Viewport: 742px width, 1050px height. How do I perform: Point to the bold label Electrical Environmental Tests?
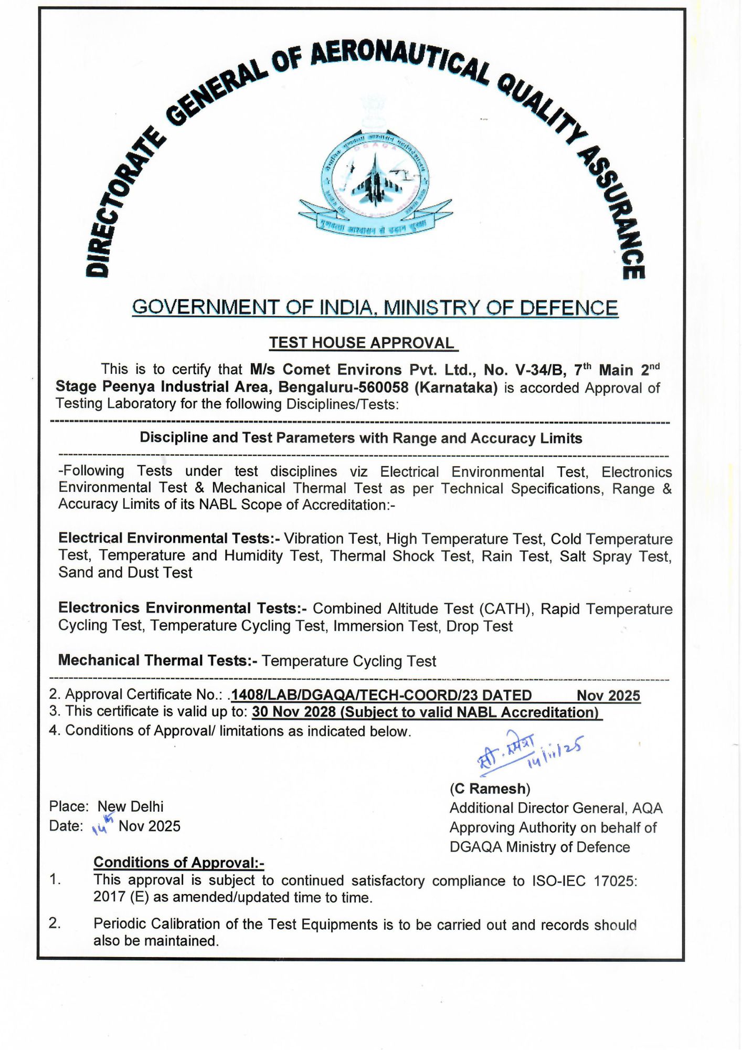(x=169, y=538)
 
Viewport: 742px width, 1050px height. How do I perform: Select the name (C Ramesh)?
(x=490, y=789)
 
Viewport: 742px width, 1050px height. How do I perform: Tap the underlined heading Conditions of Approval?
(x=178, y=863)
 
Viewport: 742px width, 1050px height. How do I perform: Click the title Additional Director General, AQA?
(x=556, y=808)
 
